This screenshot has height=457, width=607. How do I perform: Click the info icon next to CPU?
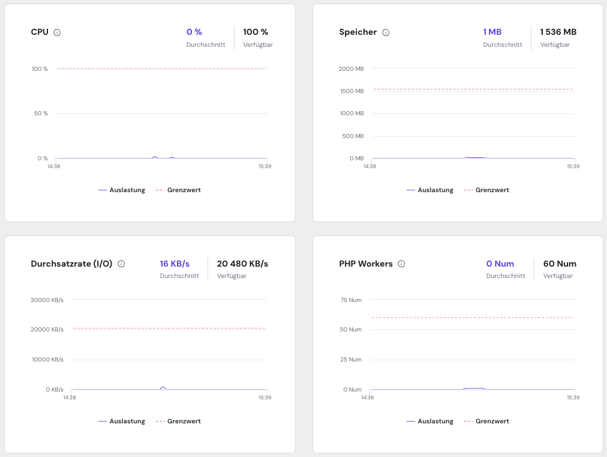(57, 32)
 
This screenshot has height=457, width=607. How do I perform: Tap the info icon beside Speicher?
(386, 32)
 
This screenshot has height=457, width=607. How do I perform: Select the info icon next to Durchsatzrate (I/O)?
(121, 264)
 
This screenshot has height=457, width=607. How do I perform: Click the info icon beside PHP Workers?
(401, 264)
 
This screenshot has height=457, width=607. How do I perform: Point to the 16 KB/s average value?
(175, 264)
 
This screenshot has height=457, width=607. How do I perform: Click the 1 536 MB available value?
(558, 32)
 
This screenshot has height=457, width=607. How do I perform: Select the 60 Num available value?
(560, 264)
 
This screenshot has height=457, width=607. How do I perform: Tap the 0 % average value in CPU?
(194, 32)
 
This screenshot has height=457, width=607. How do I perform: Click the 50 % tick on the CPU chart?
(40, 113)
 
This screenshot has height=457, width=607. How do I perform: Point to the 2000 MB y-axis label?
(351, 69)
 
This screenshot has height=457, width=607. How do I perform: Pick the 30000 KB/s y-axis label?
(47, 300)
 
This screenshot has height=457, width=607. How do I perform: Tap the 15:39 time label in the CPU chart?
(265, 166)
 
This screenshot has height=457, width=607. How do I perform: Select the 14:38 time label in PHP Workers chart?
(368, 398)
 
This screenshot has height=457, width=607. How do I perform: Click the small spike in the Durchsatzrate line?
(163, 387)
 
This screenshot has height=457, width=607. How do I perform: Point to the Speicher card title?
(357, 32)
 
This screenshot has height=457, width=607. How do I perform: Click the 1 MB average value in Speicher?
(492, 32)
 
